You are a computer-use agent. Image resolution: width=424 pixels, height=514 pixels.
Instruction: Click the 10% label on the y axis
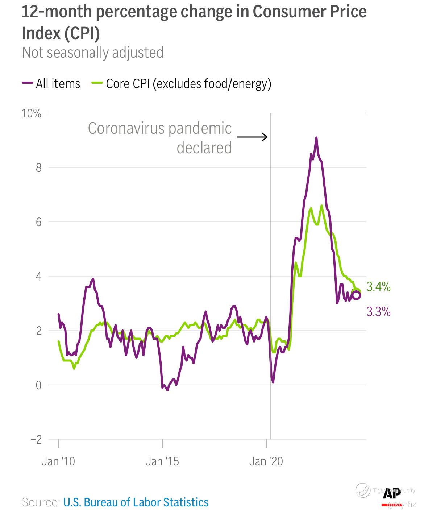click(32, 113)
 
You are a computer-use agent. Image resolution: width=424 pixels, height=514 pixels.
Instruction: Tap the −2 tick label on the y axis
click(36, 440)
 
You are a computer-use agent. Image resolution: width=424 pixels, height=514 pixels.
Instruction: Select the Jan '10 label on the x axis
click(58, 461)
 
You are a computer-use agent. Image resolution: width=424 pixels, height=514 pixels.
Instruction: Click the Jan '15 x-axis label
click(162, 461)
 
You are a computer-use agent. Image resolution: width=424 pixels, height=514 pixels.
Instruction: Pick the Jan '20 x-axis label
click(266, 461)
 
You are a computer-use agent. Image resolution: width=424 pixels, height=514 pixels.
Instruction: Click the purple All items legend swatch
click(27, 83)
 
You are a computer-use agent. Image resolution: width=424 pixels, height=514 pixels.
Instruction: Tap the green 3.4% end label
click(378, 287)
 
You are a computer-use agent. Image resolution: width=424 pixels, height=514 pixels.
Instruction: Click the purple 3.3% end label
click(378, 312)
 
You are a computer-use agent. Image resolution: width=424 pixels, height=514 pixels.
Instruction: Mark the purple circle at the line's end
click(356, 295)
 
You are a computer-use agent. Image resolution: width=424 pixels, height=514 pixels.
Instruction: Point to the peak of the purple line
click(316, 138)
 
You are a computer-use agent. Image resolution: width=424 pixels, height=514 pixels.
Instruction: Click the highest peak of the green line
click(321, 206)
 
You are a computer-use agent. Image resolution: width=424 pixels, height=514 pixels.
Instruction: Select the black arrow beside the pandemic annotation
click(252, 137)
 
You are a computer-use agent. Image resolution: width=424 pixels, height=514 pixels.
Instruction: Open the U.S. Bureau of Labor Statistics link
click(136, 502)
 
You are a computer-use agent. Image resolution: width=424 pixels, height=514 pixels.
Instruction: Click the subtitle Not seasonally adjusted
click(93, 53)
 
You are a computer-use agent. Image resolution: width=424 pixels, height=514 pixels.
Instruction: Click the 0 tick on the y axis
click(38, 385)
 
